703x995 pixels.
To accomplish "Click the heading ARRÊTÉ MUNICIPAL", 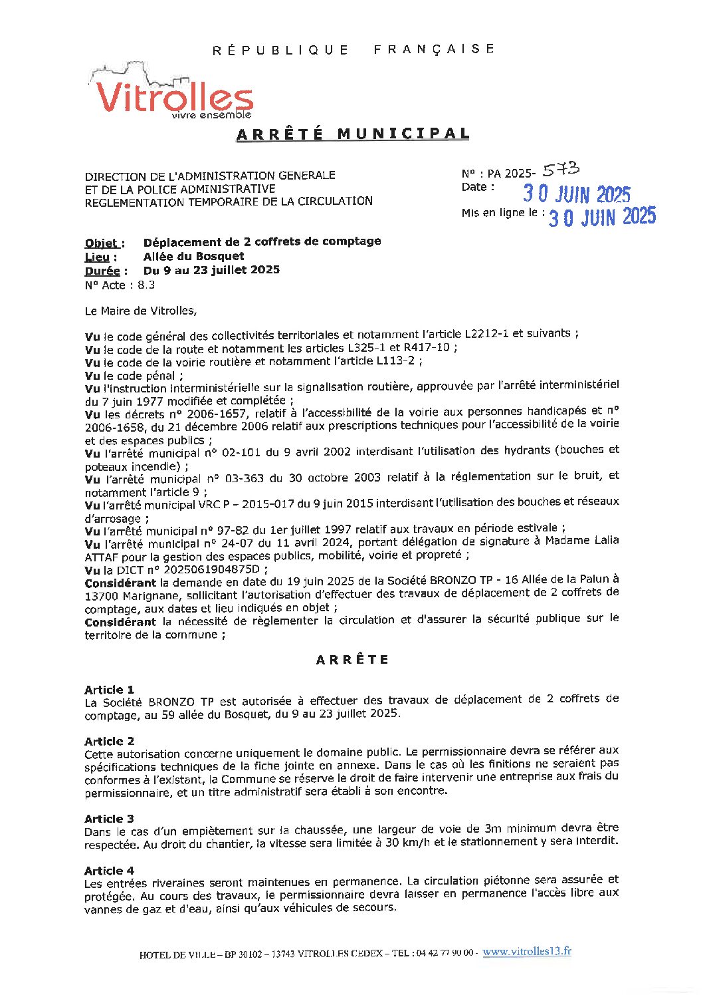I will (x=353, y=134).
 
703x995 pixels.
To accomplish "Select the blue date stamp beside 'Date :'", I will (x=576, y=194).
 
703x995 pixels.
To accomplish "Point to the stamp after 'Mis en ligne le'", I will (x=602, y=217).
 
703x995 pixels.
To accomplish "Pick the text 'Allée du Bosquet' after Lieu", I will (x=193, y=257).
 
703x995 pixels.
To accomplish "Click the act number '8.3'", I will (x=146, y=285).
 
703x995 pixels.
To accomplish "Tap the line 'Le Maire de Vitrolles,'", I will (x=140, y=311).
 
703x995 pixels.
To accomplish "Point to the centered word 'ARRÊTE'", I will (x=352, y=660).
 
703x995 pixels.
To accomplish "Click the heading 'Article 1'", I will (x=109, y=689).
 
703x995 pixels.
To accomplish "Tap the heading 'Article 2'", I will (x=109, y=741).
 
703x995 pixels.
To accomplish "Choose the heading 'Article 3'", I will (x=109, y=819).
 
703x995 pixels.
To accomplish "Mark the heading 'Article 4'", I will (x=109, y=871).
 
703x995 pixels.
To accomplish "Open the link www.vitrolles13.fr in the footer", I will (x=526, y=951).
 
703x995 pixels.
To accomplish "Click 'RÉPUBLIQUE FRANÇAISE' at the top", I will (x=353, y=50).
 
